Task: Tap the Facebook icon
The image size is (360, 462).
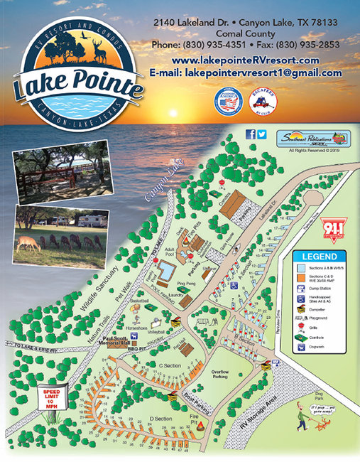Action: click(251, 134)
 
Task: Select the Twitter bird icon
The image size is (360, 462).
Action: click(261, 134)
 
